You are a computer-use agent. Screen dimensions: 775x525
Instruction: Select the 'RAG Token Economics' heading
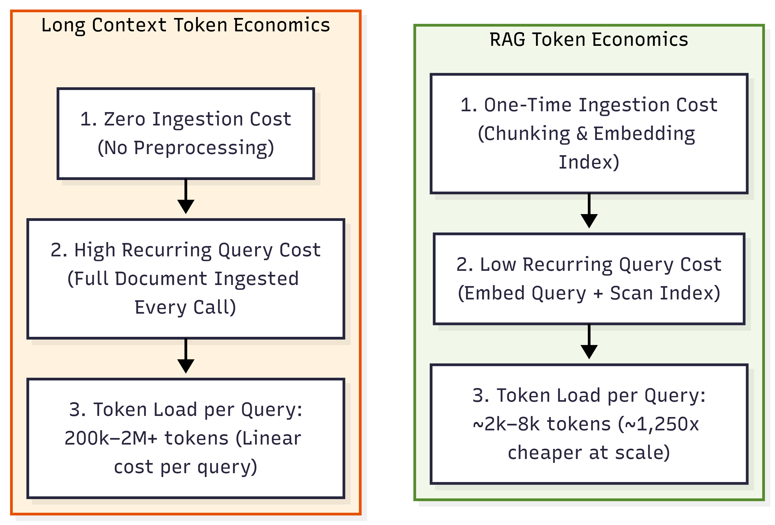tap(589, 39)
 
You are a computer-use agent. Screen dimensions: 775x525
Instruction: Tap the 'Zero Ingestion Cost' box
tap(186, 133)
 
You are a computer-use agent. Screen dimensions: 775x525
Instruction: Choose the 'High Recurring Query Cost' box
tap(186, 279)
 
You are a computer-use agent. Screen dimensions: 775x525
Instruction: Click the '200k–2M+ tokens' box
tap(186, 438)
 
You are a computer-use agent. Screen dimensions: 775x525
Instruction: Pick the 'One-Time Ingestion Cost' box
tap(589, 133)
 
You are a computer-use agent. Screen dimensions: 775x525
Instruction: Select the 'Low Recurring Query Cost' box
tap(589, 279)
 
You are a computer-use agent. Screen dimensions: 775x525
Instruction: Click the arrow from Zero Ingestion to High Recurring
tap(186, 196)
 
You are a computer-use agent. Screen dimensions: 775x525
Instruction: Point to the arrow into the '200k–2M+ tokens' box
tap(186, 356)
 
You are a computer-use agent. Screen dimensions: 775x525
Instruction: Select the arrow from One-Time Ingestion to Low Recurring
tap(589, 211)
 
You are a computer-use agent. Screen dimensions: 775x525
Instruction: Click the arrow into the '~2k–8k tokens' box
tap(589, 342)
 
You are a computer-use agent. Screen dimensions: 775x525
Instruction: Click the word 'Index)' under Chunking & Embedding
tap(589, 162)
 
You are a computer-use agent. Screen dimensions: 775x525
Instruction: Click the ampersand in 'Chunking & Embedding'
tap(582, 134)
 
